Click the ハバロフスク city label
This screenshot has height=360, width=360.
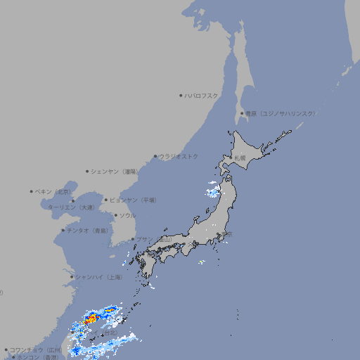(202, 96)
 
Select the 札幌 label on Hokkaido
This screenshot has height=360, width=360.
(240, 158)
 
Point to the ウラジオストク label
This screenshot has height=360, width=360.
(179, 156)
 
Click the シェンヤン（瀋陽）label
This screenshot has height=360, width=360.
(115, 171)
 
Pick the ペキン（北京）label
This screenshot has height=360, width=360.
(53, 191)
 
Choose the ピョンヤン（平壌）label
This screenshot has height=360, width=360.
(133, 200)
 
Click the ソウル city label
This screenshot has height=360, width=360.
(127, 215)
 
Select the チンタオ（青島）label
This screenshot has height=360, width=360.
(87, 231)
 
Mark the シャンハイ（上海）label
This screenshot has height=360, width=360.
(98, 277)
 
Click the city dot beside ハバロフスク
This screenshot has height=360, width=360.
(181, 96)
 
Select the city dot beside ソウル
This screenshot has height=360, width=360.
(115, 215)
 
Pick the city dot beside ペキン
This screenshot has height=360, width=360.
(32, 191)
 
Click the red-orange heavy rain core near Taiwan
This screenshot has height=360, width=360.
(91, 320)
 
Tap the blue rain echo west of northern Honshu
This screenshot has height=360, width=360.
(212, 188)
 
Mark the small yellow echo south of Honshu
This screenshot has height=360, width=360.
(201, 263)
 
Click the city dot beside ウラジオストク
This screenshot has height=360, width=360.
(155, 156)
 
